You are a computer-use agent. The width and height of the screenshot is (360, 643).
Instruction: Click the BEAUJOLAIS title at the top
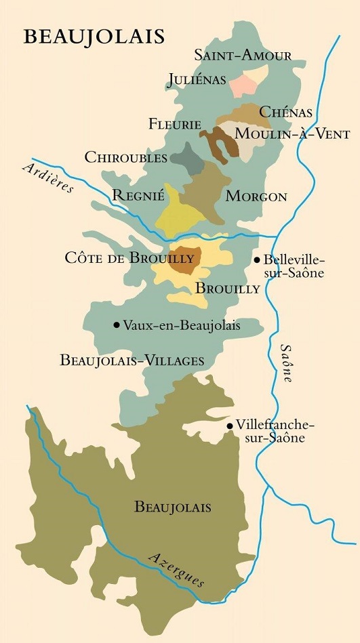coord(94,37)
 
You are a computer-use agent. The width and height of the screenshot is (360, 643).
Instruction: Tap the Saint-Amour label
coord(243,56)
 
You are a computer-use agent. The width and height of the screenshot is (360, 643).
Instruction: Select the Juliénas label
coord(196,80)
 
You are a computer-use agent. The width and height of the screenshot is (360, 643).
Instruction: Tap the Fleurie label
coord(175,124)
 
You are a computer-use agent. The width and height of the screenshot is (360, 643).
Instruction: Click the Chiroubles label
coord(126,157)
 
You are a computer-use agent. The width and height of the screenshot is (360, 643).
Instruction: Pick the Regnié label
coord(139,196)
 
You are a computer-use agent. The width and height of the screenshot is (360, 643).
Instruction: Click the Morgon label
coord(256,196)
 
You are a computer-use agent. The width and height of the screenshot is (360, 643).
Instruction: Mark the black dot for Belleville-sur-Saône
coord(257,260)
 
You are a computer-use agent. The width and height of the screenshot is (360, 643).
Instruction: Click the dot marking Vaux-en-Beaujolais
coord(117,325)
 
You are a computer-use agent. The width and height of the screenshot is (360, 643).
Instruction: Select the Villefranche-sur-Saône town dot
coord(230,426)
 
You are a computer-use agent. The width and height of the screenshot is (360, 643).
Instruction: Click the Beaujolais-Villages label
coord(132,360)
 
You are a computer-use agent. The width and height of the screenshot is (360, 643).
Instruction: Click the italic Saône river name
coord(285,362)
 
